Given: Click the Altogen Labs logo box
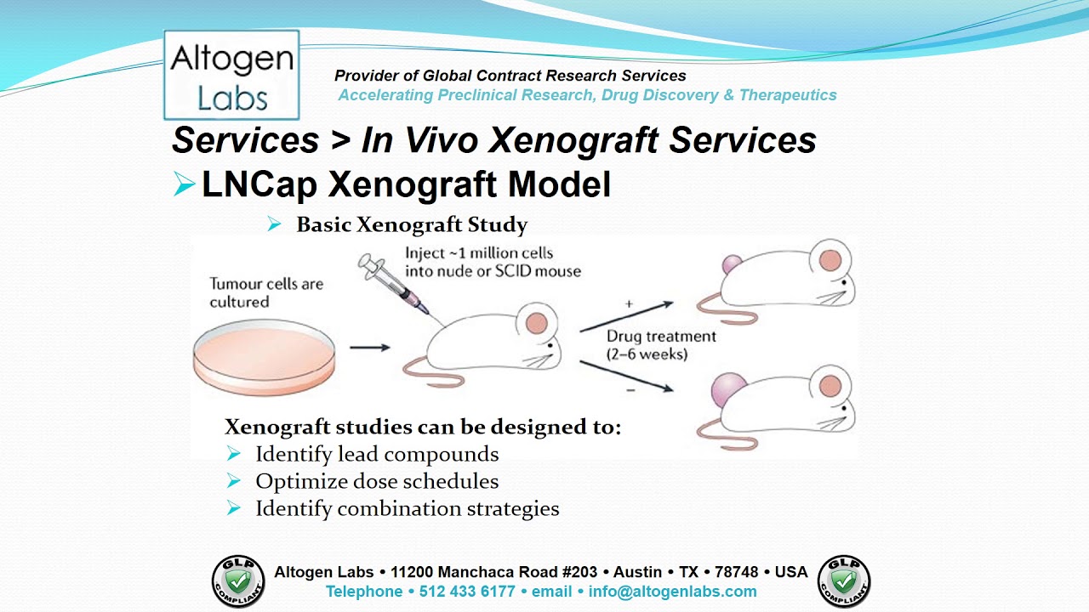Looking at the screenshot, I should [x=231, y=75].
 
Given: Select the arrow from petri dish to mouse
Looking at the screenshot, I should [x=369, y=347].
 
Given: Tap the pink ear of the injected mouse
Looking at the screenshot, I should [x=536, y=322].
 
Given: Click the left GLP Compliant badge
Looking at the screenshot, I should [x=238, y=581].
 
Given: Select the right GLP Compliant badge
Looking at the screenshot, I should [x=844, y=581].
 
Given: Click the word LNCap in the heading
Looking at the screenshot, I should [x=259, y=184].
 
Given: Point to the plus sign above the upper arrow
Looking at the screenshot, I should [x=629, y=303].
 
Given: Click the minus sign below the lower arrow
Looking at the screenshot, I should [x=628, y=389].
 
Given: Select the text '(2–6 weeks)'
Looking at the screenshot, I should [x=647, y=354].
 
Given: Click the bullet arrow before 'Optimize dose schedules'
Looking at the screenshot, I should [x=234, y=481].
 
